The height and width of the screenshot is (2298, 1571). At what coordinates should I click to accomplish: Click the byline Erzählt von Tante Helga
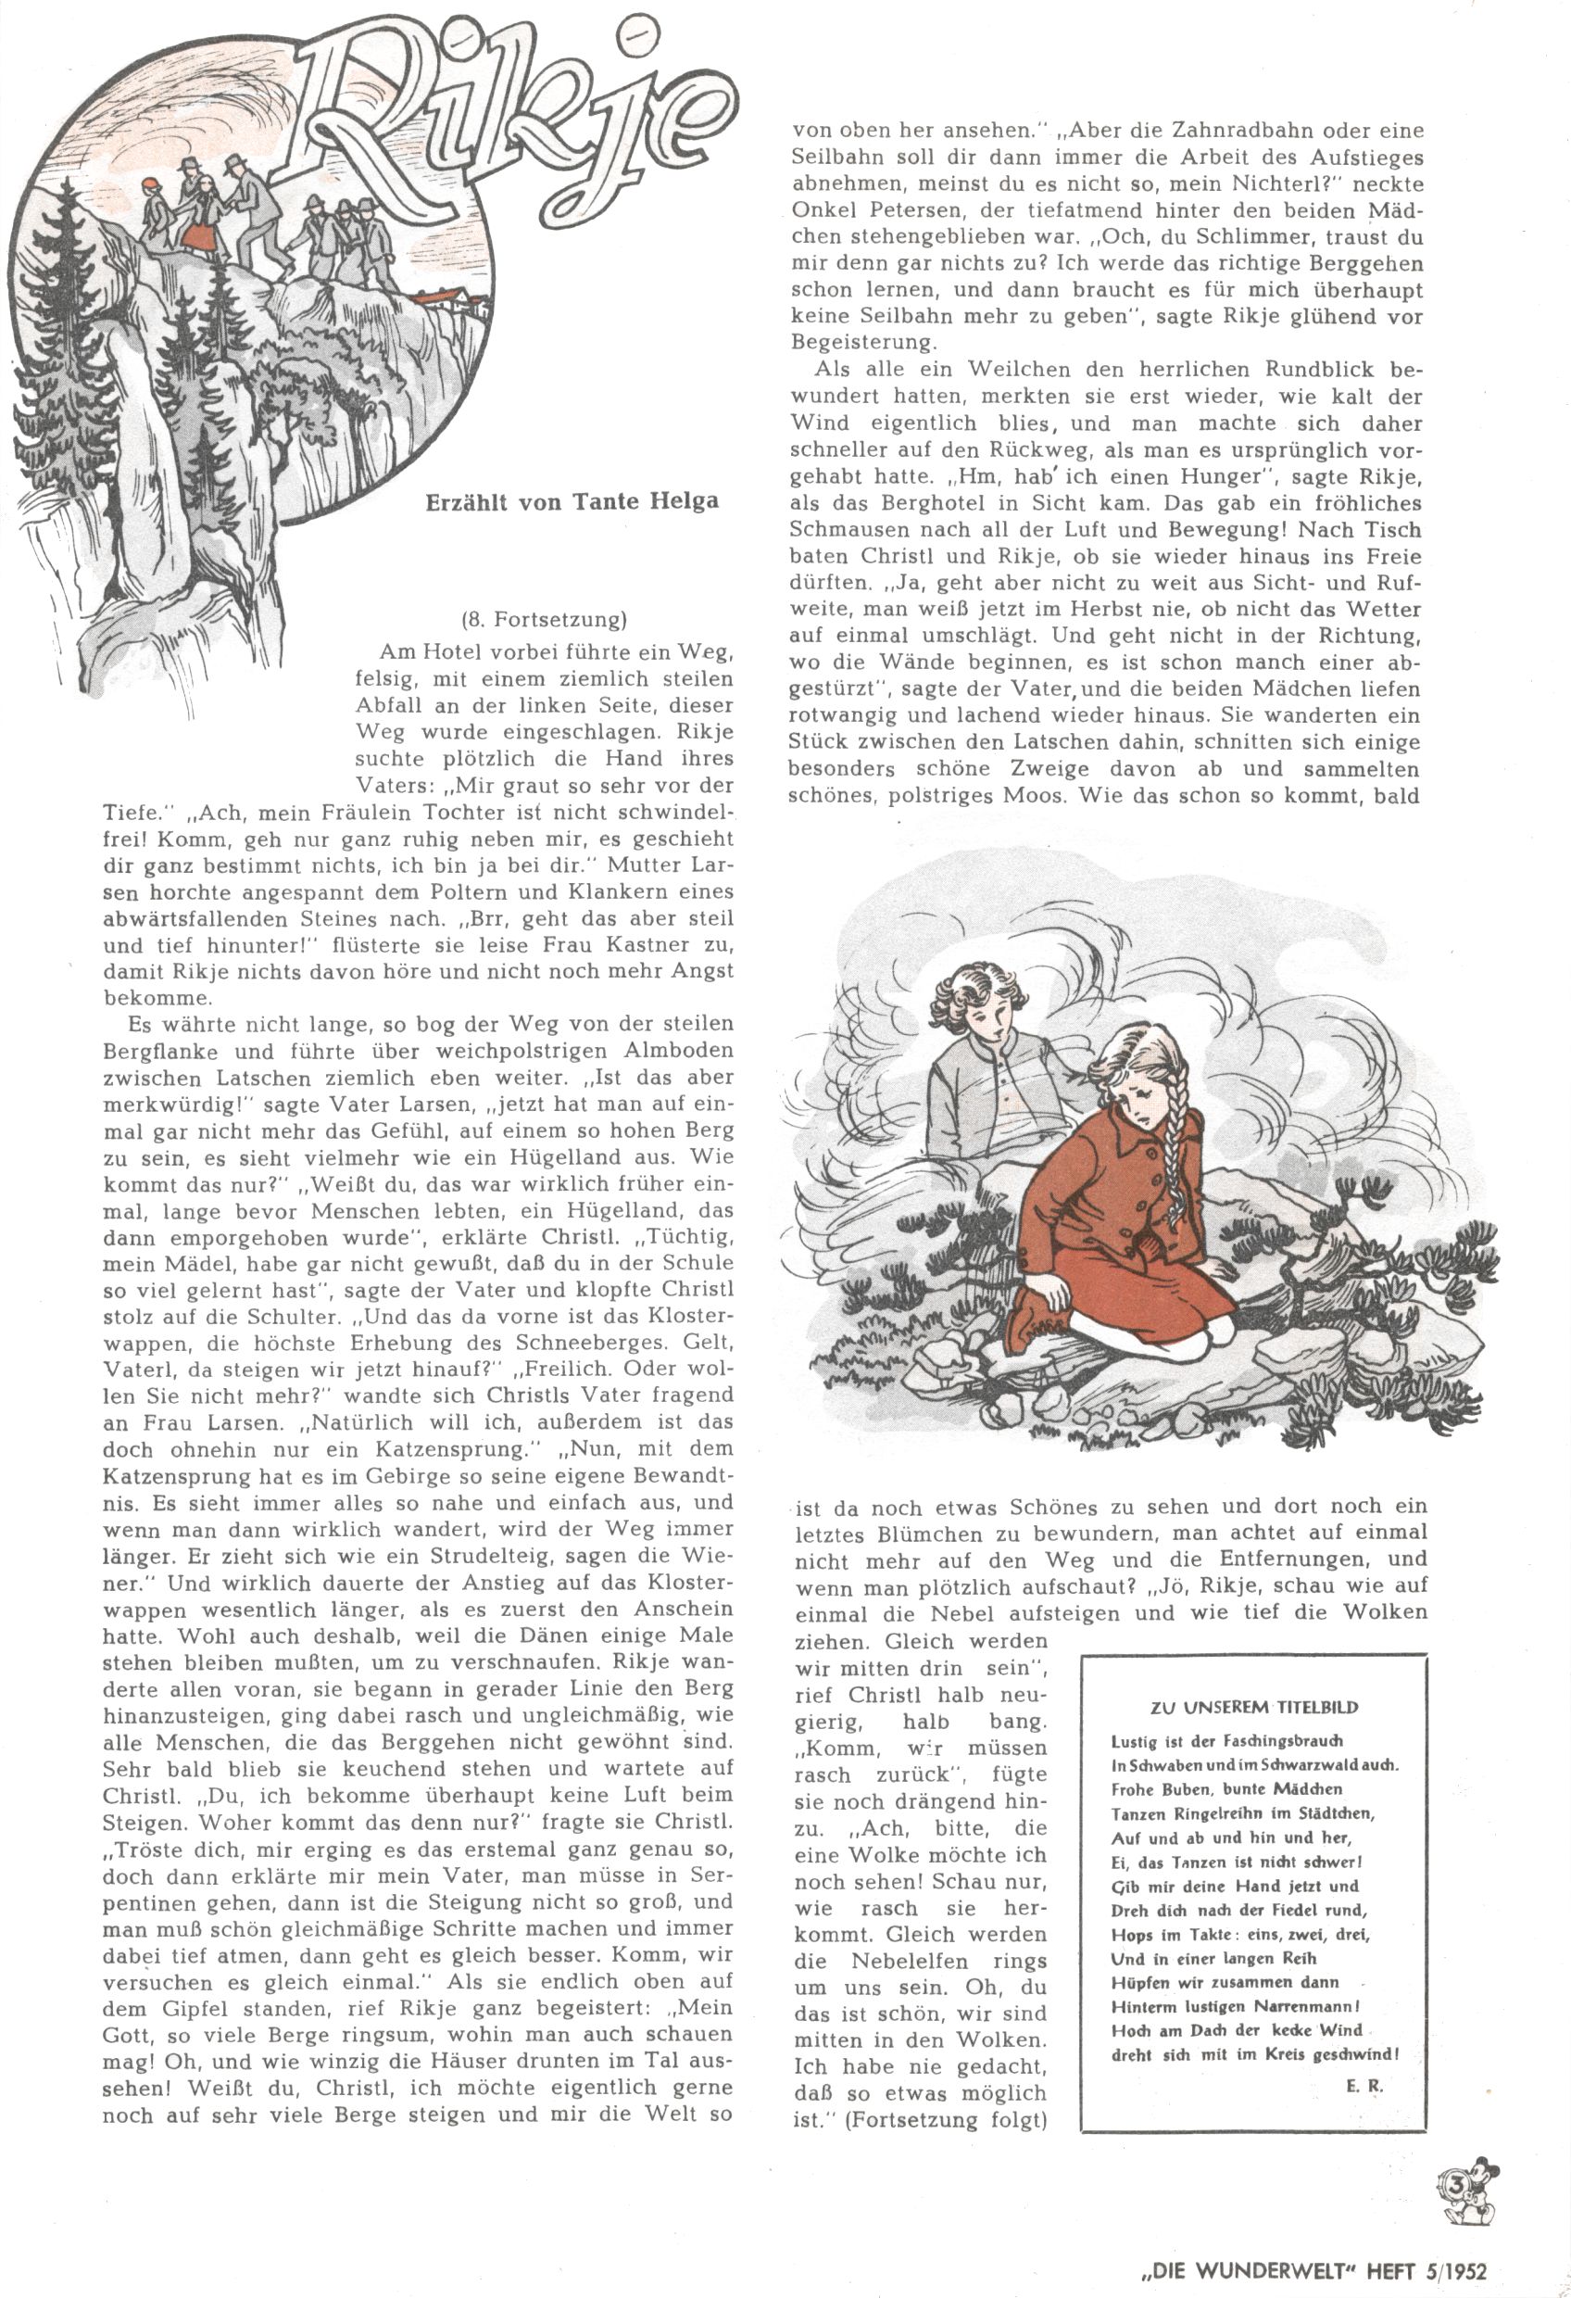(x=572, y=501)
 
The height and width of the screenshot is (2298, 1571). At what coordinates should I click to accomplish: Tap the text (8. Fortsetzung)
(x=544, y=620)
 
